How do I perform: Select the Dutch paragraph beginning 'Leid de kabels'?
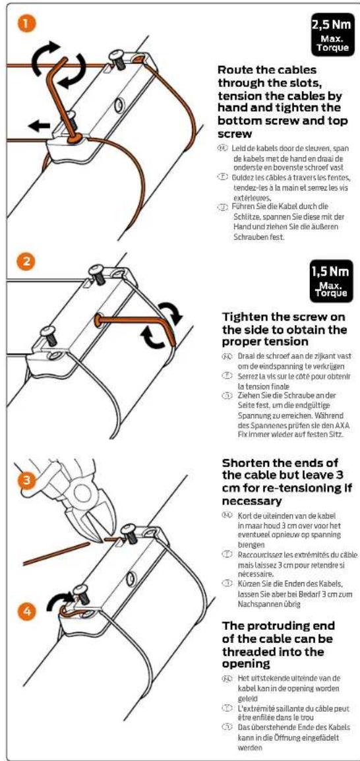coord(284,161)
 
